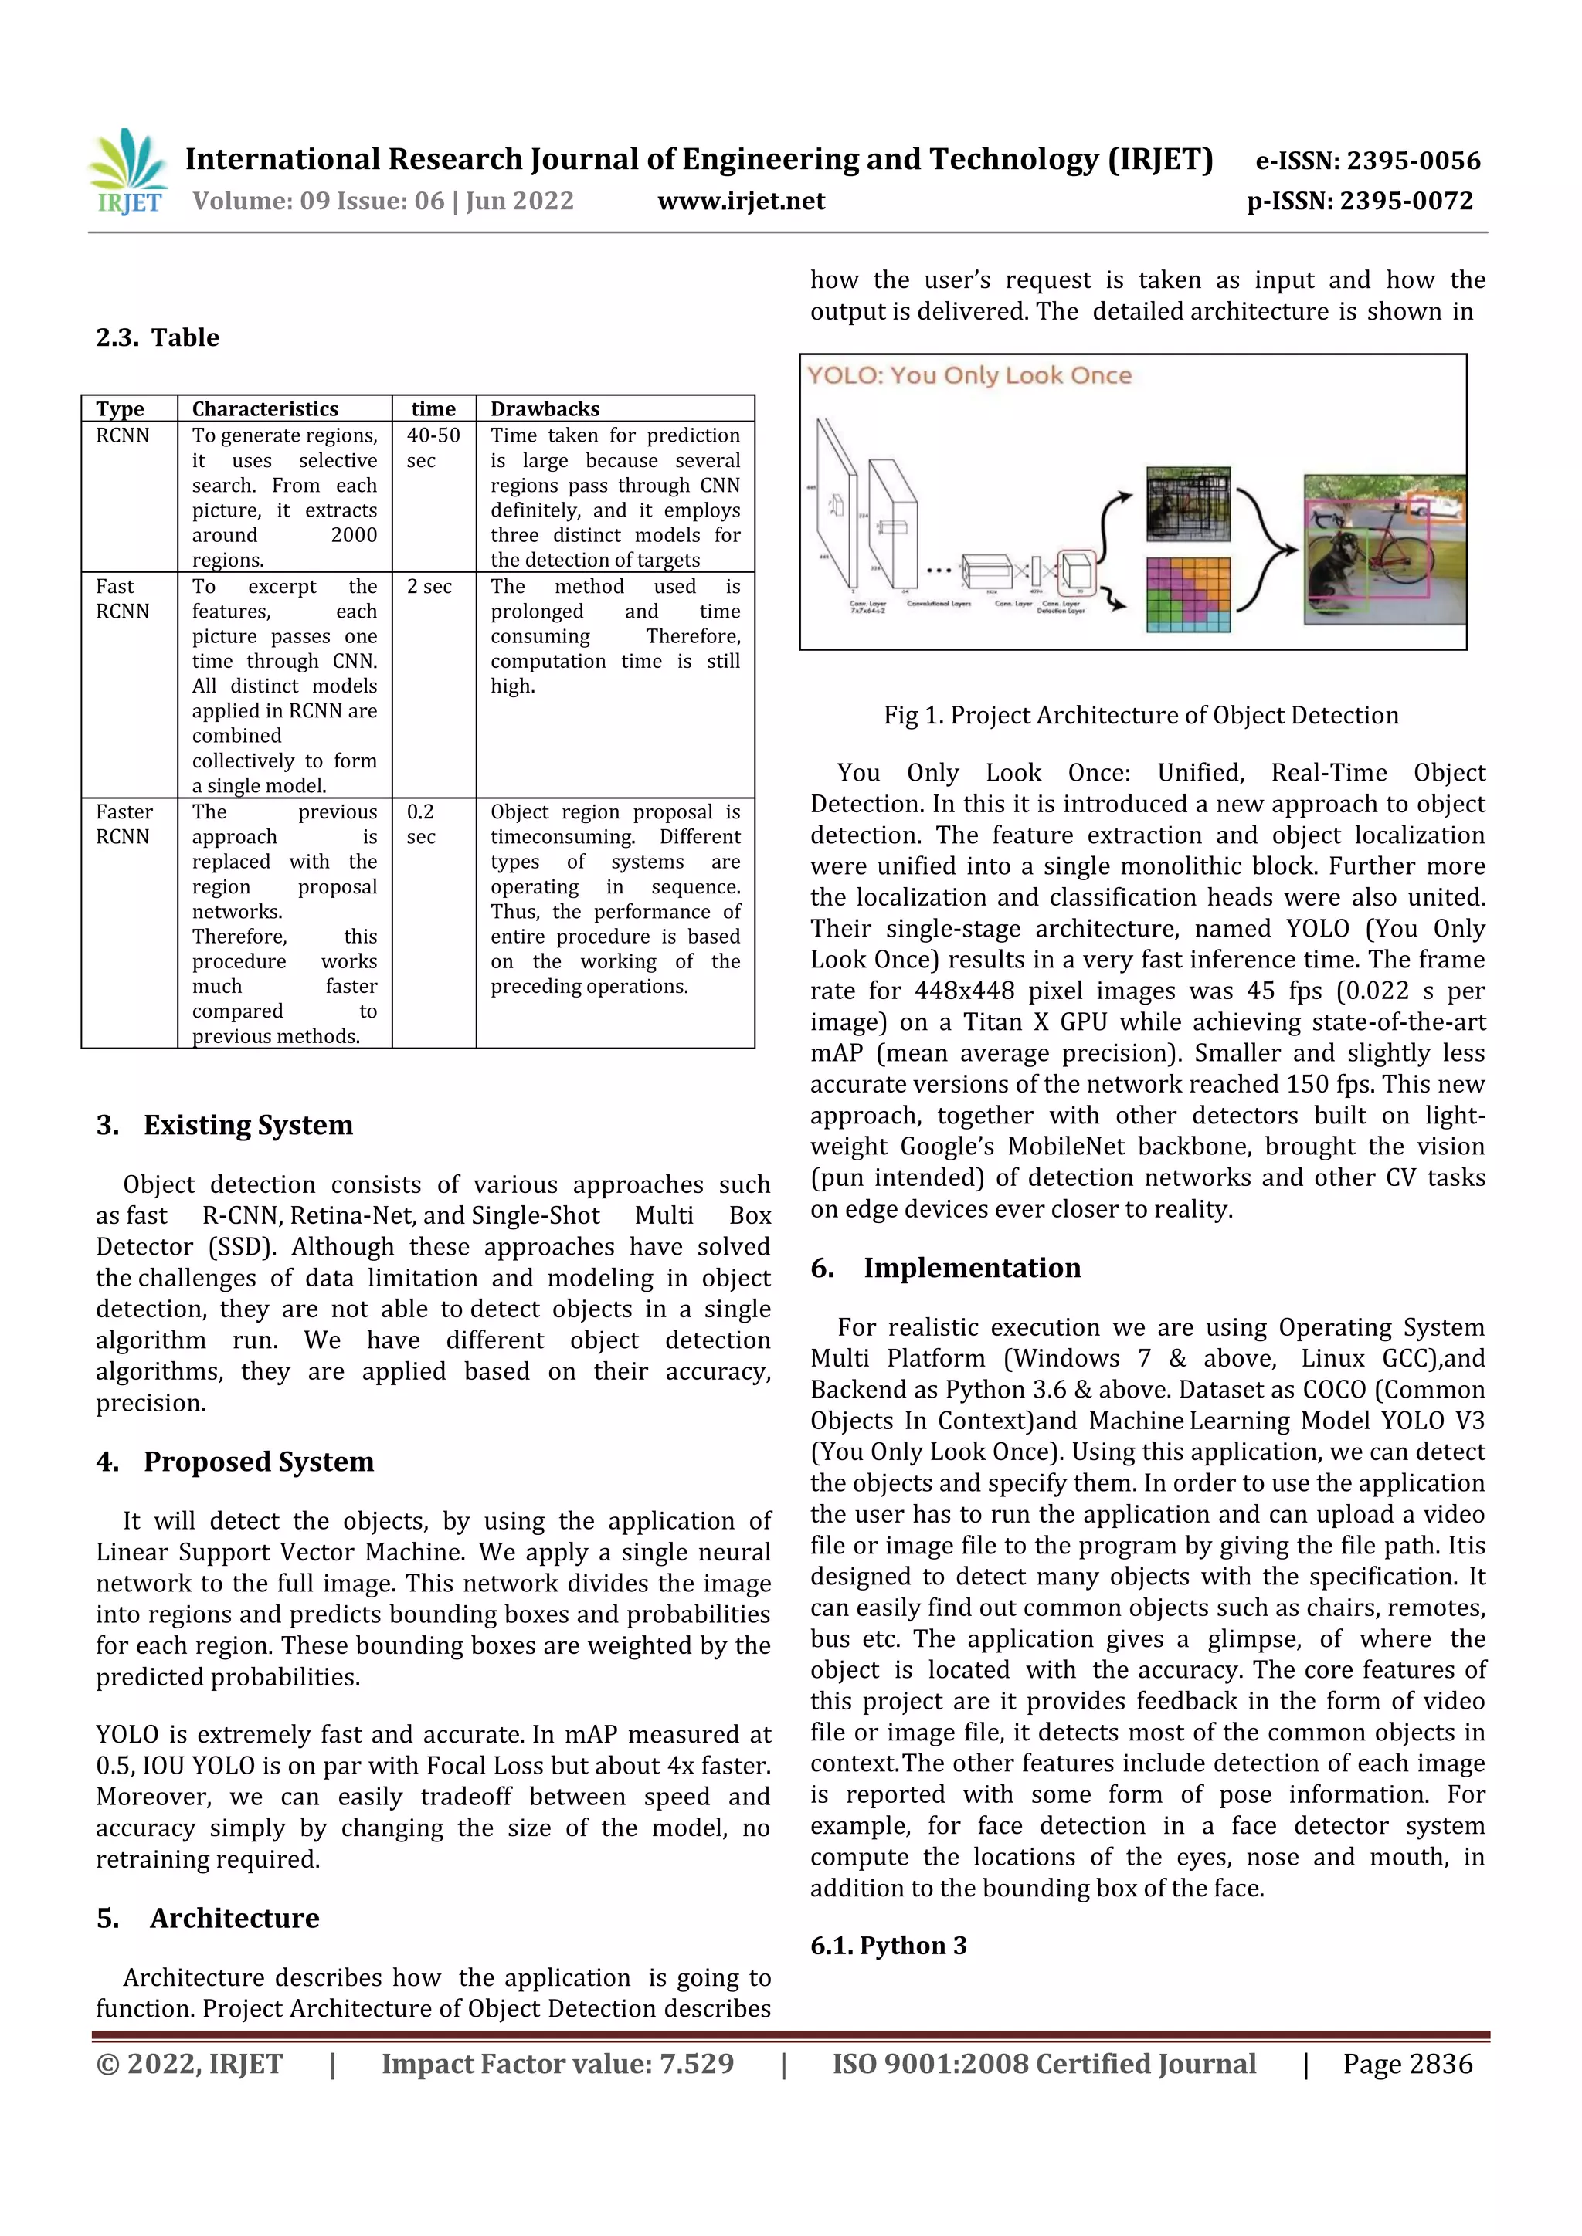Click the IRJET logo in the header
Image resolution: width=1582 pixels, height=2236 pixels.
(x=127, y=172)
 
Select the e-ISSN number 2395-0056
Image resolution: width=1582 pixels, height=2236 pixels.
(x=1368, y=161)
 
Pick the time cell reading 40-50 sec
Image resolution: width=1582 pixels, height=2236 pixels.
(x=433, y=448)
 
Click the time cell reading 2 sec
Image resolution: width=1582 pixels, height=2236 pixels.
(x=429, y=586)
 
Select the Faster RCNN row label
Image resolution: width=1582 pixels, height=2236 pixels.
(x=124, y=824)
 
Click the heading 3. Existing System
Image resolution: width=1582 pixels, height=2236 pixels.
(x=224, y=1125)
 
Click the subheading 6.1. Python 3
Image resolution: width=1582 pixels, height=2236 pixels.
(x=888, y=1946)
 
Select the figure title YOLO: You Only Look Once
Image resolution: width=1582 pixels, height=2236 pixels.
(x=969, y=376)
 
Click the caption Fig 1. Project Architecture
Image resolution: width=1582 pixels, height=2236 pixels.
(x=1141, y=716)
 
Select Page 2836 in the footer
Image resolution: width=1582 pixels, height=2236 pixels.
(x=1407, y=2064)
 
